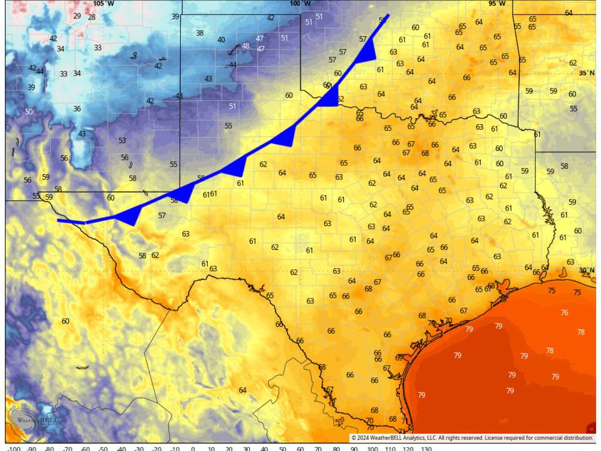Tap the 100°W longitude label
(300, 4)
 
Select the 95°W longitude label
(496, 4)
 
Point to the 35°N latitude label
(587, 73)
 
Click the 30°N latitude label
(587, 271)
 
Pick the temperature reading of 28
(91, 17)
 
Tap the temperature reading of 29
(77, 16)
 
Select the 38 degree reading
(200, 33)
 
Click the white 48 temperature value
(245, 46)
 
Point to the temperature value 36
(77, 109)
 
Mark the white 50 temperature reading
(29, 112)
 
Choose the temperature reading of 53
(122, 141)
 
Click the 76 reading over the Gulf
(564, 313)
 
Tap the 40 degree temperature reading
(221, 40)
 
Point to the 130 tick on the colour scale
(426, 448)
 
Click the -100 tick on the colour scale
(14, 448)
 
